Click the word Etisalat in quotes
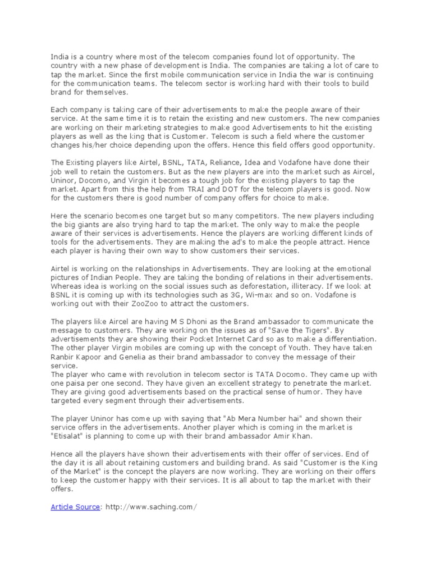tap(70, 436)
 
